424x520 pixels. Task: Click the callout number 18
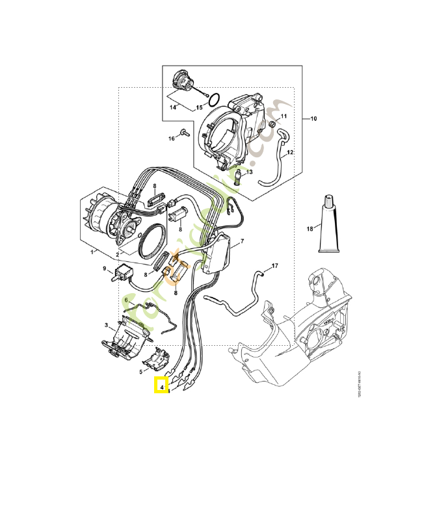(x=310, y=228)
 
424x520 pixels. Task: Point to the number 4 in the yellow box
(x=161, y=385)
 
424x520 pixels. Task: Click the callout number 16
(x=172, y=138)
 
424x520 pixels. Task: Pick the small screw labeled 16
(x=185, y=133)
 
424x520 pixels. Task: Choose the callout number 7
(x=241, y=242)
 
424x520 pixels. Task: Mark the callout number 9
(x=104, y=268)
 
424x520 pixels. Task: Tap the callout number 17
(x=274, y=266)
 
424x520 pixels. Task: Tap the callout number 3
(x=106, y=324)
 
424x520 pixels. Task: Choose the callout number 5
(x=142, y=372)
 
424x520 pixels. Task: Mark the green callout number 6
(x=127, y=300)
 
